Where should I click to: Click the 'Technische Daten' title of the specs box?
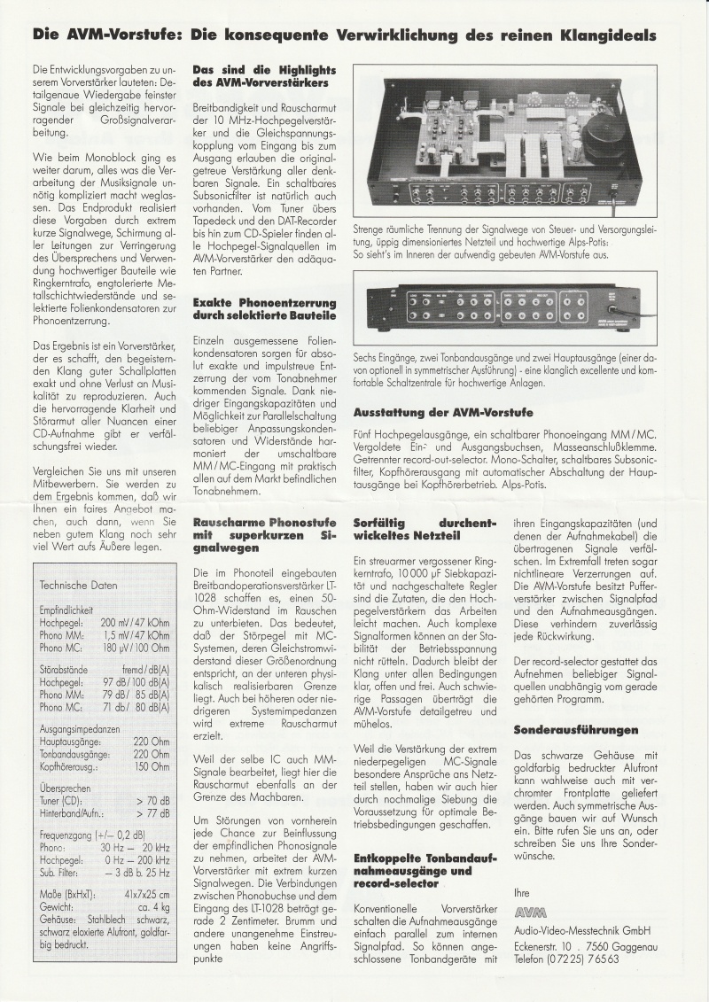78,585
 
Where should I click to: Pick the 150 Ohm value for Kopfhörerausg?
152,767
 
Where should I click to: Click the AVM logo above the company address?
531,913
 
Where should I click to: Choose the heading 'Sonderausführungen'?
575,730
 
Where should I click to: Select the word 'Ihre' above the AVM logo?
522,892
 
